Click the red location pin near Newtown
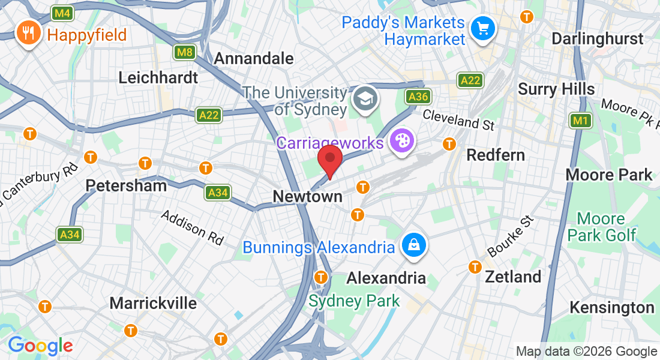pos(329,160)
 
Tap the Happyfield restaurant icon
pos(28,34)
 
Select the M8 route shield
pos(185,52)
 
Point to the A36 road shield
pos(418,96)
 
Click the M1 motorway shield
pos(580,121)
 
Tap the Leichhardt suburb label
pos(158,77)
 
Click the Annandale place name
pos(254,58)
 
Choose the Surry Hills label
pos(556,89)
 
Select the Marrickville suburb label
pos(153,303)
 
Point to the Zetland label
pos(513,277)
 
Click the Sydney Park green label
pos(354,301)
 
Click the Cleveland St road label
pos(459,119)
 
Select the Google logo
pos(40,346)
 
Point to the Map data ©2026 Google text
pos(586,352)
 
